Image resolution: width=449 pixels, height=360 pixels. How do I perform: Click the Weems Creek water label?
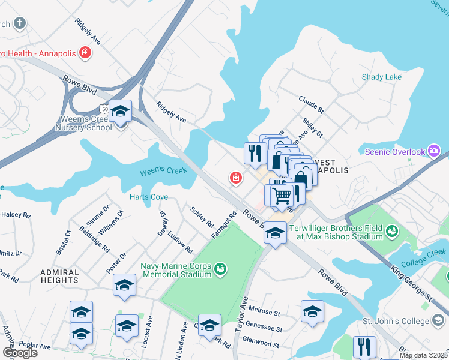163,172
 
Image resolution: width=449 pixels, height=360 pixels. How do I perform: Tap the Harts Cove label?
149,197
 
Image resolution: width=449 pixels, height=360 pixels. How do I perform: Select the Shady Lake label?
382,77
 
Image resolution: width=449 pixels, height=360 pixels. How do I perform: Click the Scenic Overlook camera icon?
434,152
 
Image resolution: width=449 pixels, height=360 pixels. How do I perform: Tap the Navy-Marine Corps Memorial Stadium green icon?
220,268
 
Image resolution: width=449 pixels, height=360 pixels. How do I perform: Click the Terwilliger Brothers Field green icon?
392,231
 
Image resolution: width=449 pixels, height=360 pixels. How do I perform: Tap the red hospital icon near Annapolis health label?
85,53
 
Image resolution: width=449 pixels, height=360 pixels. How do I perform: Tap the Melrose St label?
264,313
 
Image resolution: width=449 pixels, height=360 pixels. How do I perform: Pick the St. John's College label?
396,322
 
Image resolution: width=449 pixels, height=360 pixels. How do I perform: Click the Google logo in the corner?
19,352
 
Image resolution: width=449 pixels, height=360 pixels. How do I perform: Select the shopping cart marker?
281,196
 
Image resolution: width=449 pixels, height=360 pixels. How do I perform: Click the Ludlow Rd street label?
181,242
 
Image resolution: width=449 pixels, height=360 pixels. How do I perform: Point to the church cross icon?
20,24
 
